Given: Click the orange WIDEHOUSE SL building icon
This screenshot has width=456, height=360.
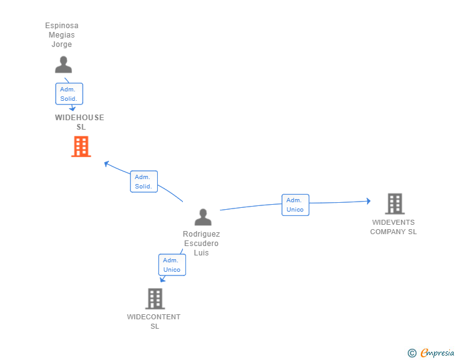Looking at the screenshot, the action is pyautogui.click(x=81, y=147).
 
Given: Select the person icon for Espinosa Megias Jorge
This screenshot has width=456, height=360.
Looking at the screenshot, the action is pyautogui.click(x=63, y=64).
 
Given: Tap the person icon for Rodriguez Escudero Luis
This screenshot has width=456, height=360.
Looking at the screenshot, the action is pyautogui.click(x=203, y=217).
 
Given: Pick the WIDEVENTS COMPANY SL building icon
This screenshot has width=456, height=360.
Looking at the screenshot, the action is pyautogui.click(x=395, y=203).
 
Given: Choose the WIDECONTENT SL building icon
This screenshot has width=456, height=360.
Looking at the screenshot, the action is pyautogui.click(x=155, y=299).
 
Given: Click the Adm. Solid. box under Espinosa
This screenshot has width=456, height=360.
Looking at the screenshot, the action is pyautogui.click(x=69, y=94).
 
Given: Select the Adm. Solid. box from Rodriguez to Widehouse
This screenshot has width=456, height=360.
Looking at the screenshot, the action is pyautogui.click(x=144, y=182).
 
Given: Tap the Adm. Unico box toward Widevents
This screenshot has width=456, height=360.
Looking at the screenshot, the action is pyautogui.click(x=296, y=205).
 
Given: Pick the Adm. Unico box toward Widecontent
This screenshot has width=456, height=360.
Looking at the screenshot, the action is pyautogui.click(x=172, y=265).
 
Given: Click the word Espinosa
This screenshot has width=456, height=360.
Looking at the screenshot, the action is pyautogui.click(x=61, y=26).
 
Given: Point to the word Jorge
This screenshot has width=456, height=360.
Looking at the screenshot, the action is pyautogui.click(x=61, y=44).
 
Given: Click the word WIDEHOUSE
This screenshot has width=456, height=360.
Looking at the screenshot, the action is pyautogui.click(x=80, y=118).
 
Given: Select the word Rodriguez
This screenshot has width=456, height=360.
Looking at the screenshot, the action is pyautogui.click(x=201, y=234).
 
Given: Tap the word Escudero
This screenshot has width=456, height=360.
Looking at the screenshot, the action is pyautogui.click(x=201, y=244).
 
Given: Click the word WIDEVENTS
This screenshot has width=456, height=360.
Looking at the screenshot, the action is pyautogui.click(x=393, y=222).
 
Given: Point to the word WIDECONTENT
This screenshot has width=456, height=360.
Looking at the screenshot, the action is pyautogui.click(x=153, y=317).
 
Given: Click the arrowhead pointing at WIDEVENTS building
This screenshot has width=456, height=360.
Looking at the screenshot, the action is pyautogui.click(x=369, y=201).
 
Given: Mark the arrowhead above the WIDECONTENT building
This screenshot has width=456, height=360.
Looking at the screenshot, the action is pyautogui.click(x=163, y=280).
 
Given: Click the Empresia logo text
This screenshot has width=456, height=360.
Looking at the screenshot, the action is pyautogui.click(x=437, y=352).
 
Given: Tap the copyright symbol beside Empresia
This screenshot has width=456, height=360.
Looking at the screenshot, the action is pyautogui.click(x=412, y=353).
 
